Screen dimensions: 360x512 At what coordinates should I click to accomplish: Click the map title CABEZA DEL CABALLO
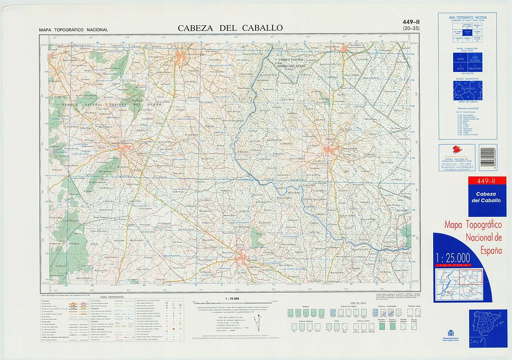click(x=230, y=28)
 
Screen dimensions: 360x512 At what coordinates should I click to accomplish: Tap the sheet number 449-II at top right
click(x=411, y=22)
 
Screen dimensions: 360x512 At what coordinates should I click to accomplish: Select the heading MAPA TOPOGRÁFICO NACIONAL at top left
click(x=74, y=30)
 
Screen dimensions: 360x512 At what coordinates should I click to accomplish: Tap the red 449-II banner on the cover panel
click(x=487, y=181)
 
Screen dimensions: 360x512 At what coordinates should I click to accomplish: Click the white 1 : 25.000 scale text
click(x=453, y=257)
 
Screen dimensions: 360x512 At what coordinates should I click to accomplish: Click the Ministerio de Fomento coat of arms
click(x=451, y=333)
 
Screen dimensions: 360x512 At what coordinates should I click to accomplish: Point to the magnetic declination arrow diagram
click(x=258, y=322)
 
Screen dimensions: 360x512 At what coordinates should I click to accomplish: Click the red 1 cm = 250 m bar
click(x=453, y=265)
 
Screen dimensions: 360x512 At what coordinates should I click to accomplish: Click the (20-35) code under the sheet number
click(x=411, y=28)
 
